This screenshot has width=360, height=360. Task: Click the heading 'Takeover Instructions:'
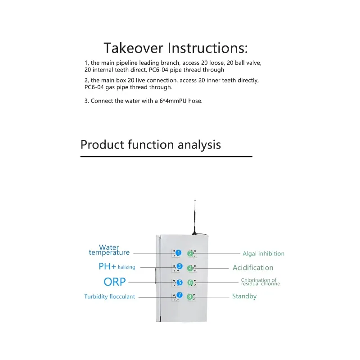(x=175, y=48)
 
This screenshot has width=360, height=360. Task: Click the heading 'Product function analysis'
(x=150, y=144)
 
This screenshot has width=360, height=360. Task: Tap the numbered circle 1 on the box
(x=178, y=253)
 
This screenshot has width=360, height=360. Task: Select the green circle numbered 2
(x=190, y=254)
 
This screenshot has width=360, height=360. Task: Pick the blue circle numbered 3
(x=179, y=266)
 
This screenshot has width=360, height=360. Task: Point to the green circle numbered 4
(x=190, y=268)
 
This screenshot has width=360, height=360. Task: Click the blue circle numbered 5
(x=179, y=283)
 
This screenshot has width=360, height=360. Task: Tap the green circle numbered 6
(x=190, y=283)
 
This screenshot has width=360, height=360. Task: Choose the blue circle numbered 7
(x=179, y=295)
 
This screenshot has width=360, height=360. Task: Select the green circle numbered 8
(x=190, y=297)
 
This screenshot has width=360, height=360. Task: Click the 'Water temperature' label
(x=109, y=250)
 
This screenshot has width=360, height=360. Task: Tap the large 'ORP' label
(x=115, y=282)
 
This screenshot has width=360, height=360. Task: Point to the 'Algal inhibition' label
(x=263, y=254)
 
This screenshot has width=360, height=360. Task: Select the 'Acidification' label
(x=253, y=268)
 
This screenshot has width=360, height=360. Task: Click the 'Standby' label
(x=244, y=296)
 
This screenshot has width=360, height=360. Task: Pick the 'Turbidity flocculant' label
(x=109, y=297)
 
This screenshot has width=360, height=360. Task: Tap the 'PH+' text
(x=107, y=266)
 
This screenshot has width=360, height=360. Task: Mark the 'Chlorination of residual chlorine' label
(x=260, y=282)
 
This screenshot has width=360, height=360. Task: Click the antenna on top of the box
(x=195, y=218)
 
